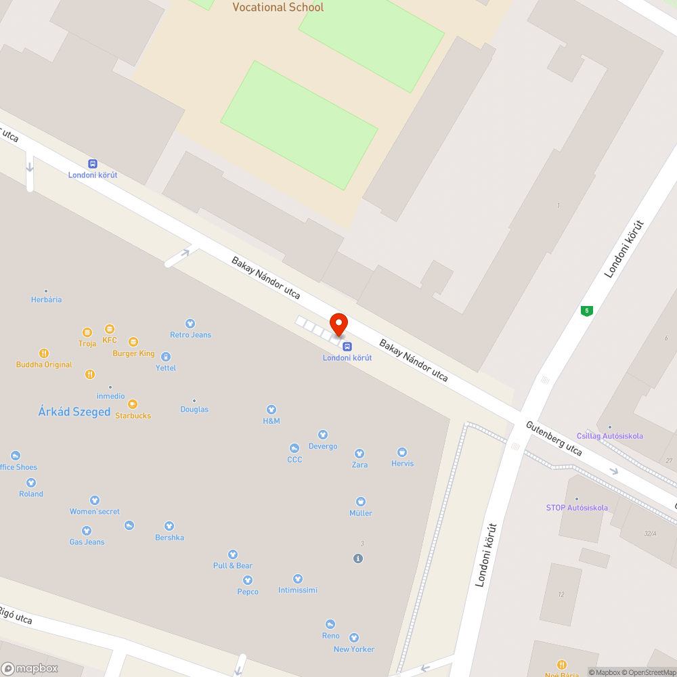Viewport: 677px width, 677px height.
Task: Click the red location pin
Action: click(x=338, y=324)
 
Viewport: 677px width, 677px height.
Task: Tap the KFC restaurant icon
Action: click(x=110, y=328)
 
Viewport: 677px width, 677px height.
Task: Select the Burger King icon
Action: click(x=133, y=342)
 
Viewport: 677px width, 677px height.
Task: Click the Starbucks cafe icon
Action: click(x=133, y=404)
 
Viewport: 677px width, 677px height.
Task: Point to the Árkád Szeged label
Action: click(x=74, y=412)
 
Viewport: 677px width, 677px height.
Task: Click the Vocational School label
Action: click(x=278, y=7)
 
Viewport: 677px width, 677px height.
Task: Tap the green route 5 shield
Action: click(x=587, y=311)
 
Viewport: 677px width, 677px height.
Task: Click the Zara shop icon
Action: click(x=359, y=454)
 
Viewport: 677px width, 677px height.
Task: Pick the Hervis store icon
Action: click(x=402, y=452)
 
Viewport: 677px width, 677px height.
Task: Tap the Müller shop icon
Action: click(x=361, y=502)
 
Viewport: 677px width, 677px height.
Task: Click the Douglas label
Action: click(x=194, y=409)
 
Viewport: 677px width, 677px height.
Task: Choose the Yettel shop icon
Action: click(x=166, y=357)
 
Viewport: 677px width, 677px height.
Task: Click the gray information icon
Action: click(x=358, y=559)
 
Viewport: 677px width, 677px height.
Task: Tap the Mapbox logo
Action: click(x=29, y=668)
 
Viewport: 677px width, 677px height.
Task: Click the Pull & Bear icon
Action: click(x=233, y=554)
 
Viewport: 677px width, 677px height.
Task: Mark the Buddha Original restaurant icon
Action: click(x=44, y=353)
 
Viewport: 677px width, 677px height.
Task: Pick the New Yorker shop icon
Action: click(x=353, y=638)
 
